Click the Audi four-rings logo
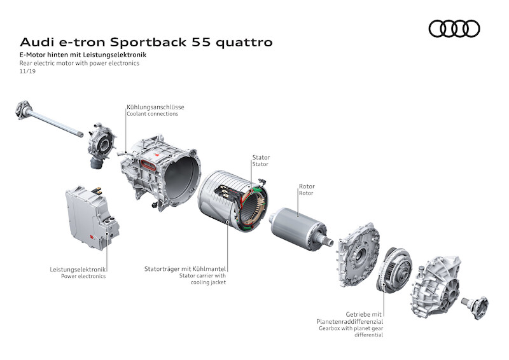pyautogui.click(x=454, y=29)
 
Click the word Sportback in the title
pyautogui.click(x=148, y=42)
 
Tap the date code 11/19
pyautogui.click(x=27, y=71)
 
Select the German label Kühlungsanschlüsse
pyautogui.click(x=155, y=107)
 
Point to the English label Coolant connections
pyautogui.click(x=153, y=114)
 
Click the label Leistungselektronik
pyautogui.click(x=78, y=270)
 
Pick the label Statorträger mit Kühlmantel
pyautogui.click(x=185, y=269)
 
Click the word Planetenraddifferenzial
pyautogui.click(x=349, y=322)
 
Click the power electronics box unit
pyautogui.click(x=92, y=218)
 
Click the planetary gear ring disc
pyautogui.click(x=394, y=270)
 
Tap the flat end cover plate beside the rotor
pyautogui.click(x=358, y=255)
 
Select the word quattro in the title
pyautogui.click(x=244, y=43)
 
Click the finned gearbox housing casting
pyautogui.click(x=436, y=287)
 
